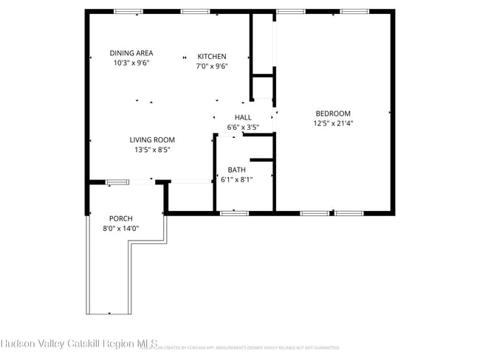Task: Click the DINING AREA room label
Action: [x=131, y=53]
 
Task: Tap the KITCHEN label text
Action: [x=212, y=57]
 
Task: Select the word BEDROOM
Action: [x=333, y=114]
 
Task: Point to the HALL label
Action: [x=243, y=117]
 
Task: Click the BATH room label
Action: [x=236, y=170]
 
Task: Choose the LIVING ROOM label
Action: [x=152, y=140]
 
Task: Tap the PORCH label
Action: [x=120, y=218]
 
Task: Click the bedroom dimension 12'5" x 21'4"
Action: [x=333, y=123]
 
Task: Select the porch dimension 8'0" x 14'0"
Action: [x=120, y=228]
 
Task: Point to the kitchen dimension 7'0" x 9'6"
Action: [x=212, y=66]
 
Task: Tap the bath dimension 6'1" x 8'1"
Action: [x=236, y=179]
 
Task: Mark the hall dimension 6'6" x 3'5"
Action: [x=243, y=127]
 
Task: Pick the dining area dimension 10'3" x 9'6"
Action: [x=131, y=63]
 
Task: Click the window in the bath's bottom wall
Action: [x=234, y=213]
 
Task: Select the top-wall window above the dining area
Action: [x=128, y=11]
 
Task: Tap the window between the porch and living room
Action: [x=117, y=181]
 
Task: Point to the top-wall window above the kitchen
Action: [x=194, y=11]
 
